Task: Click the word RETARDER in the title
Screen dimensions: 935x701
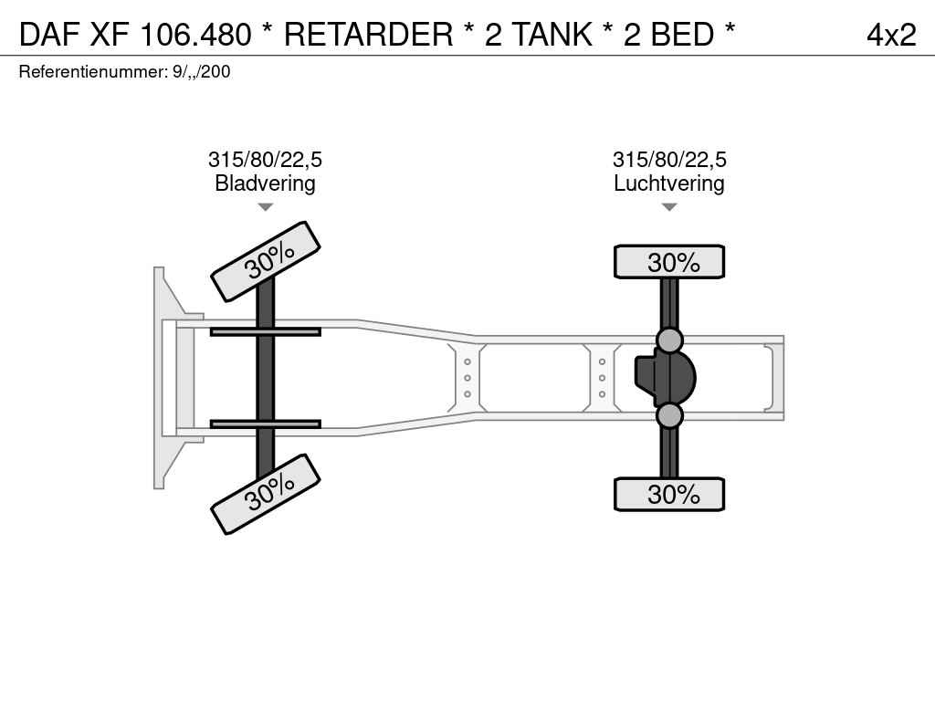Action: pyautogui.click(x=369, y=34)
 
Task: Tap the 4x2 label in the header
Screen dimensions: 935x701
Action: pyautogui.click(x=891, y=35)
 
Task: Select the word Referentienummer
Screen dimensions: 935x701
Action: pyautogui.click(x=93, y=71)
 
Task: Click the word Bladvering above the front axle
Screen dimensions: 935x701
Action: pyautogui.click(x=265, y=183)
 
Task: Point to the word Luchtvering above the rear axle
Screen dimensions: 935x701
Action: pyautogui.click(x=669, y=183)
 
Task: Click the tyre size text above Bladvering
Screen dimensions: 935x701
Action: pyautogui.click(x=265, y=159)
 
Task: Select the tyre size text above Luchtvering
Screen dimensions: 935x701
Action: pyautogui.click(x=669, y=159)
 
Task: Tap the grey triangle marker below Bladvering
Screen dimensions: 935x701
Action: pyautogui.click(x=265, y=207)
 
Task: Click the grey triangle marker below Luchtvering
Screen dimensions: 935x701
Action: pyautogui.click(x=669, y=207)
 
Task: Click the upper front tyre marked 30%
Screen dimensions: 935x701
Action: pyautogui.click(x=266, y=261)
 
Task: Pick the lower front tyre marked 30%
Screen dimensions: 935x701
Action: pyautogui.click(x=266, y=494)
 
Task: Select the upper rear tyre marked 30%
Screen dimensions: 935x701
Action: pyautogui.click(x=669, y=262)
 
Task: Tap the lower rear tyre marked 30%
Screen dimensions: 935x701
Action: pyautogui.click(x=669, y=494)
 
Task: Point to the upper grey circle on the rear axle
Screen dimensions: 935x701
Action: pyautogui.click(x=669, y=340)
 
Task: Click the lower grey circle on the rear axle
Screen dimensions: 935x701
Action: pyautogui.click(x=669, y=415)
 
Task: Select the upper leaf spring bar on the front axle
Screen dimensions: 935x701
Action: pyautogui.click(x=266, y=331)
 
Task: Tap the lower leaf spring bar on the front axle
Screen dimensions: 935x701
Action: pyautogui.click(x=266, y=424)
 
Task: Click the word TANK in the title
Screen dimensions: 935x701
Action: pyautogui.click(x=552, y=34)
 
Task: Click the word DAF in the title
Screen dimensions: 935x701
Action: pyautogui.click(x=49, y=34)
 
